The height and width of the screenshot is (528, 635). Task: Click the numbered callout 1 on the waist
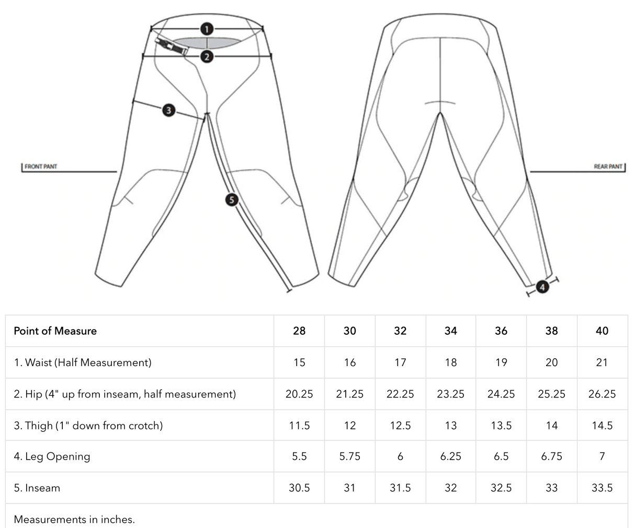[207, 29]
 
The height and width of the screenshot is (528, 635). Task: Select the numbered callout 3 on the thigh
[168, 110]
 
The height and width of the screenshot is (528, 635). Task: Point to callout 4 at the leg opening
[542, 287]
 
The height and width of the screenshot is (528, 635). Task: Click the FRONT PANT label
[40, 167]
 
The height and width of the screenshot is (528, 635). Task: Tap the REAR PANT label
[608, 167]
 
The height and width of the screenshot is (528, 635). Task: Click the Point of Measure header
[55, 331]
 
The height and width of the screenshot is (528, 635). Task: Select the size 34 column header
[450, 331]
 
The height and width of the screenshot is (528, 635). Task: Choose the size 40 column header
[602, 331]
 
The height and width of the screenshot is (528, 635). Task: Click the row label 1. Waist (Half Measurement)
[82, 362]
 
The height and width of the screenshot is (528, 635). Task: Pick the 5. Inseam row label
[37, 488]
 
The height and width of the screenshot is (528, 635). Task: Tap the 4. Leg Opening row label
[52, 456]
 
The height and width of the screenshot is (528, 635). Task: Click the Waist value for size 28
[299, 362]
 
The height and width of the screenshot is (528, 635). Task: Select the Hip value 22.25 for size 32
[400, 394]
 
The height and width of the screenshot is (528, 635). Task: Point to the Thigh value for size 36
[501, 426]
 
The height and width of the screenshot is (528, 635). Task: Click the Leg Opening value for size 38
[551, 456]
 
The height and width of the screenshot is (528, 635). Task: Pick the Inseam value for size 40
[602, 488]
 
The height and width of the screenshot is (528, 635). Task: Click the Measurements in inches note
[74, 519]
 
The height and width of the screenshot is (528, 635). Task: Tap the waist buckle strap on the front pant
[173, 46]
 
